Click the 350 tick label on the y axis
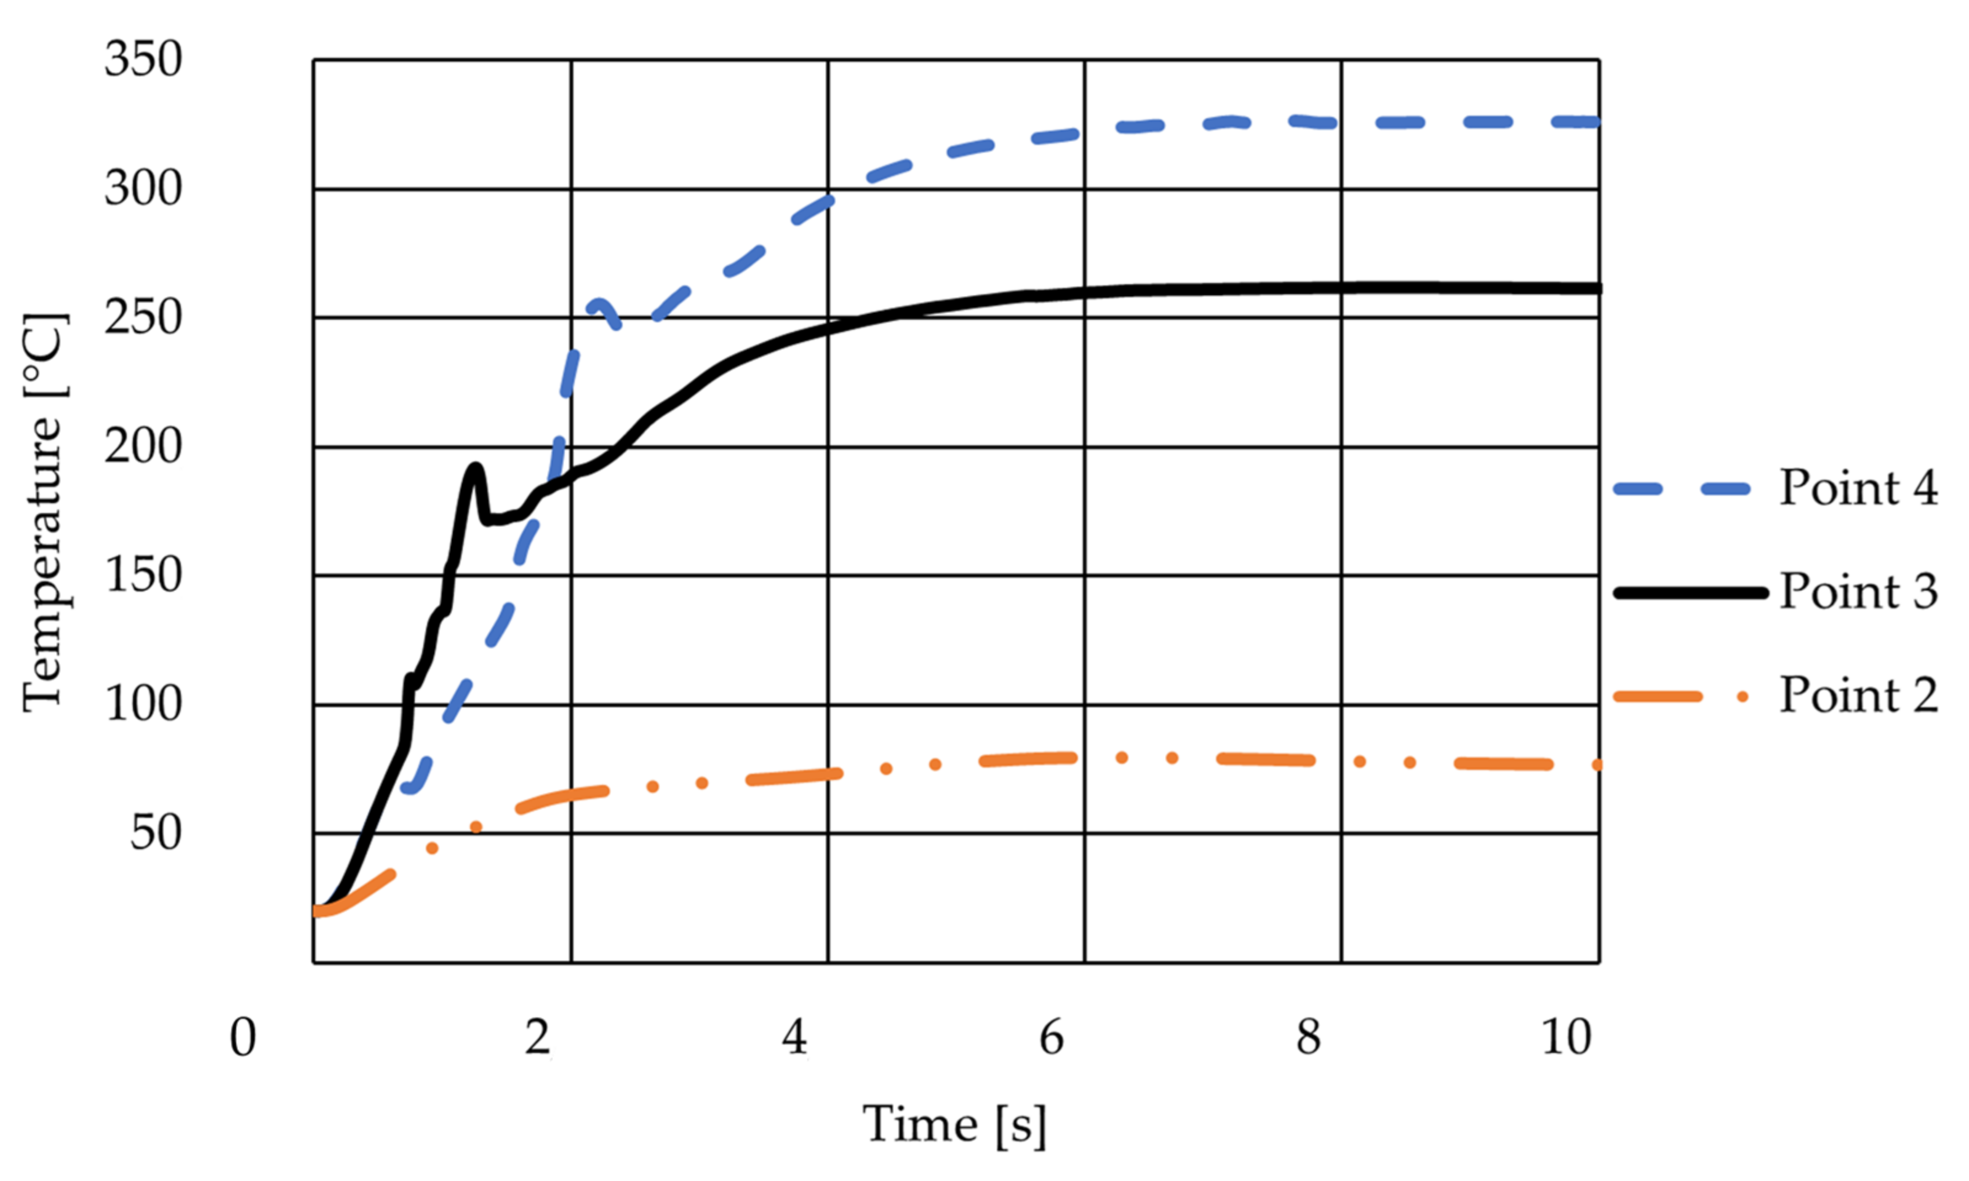click(x=143, y=60)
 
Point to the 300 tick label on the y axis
click(x=143, y=189)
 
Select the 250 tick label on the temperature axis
click(x=143, y=319)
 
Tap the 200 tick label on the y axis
click(x=143, y=447)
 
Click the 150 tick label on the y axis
click(x=143, y=575)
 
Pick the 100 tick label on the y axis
click(x=143, y=704)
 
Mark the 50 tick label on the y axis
click(x=156, y=833)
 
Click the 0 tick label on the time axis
click(x=243, y=1038)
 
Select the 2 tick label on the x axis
click(x=538, y=1038)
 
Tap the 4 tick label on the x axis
click(x=794, y=1038)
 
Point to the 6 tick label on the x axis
click(x=1052, y=1038)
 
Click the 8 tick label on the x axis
click(x=1308, y=1038)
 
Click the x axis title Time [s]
click(x=954, y=1125)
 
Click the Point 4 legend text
click(x=1858, y=487)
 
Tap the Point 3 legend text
click(x=1858, y=591)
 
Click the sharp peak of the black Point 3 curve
click(x=475, y=468)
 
